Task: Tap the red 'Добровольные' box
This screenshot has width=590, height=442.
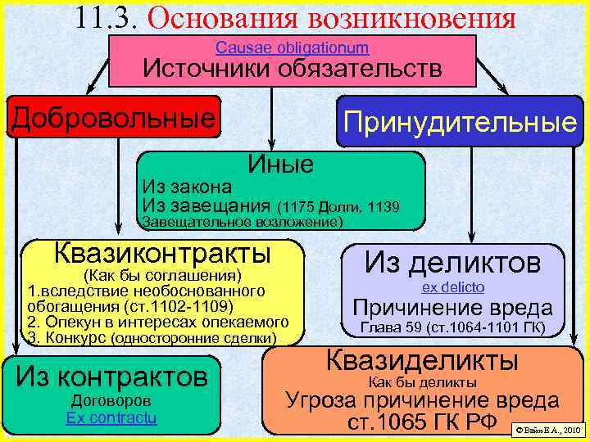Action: (115, 118)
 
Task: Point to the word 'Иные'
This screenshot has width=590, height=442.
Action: (281, 165)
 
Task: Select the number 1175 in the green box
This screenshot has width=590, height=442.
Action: (297, 205)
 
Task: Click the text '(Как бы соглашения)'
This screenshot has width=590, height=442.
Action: (162, 274)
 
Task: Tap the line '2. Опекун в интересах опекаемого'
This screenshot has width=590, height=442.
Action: (157, 322)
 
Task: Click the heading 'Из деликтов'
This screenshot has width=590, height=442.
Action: (452, 263)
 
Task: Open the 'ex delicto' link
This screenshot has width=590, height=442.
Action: (453, 287)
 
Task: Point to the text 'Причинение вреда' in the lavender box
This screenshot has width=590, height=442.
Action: (452, 309)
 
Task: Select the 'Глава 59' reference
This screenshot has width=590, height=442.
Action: (382, 329)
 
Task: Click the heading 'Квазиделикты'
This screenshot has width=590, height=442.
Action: (422, 360)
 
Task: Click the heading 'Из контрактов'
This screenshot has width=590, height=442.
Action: (112, 377)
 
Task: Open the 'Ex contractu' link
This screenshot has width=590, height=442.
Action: (112, 417)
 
